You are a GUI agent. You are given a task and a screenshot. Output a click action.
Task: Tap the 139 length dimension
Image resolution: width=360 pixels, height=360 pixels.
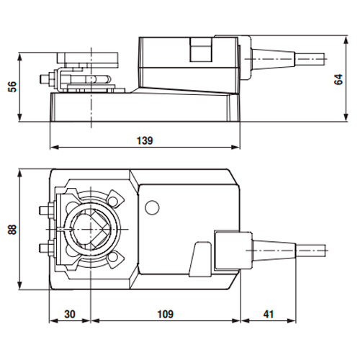click(x=145, y=141)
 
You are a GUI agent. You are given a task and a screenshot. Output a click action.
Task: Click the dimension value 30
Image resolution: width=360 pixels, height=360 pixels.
click(x=70, y=315)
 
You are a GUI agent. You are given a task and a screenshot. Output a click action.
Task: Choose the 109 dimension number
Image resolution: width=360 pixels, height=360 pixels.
click(x=165, y=315)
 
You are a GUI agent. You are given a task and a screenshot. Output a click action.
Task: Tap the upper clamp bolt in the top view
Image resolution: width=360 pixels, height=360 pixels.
click(x=43, y=210)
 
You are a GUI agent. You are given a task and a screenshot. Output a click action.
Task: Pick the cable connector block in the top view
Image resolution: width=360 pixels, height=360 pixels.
click(x=230, y=251)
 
